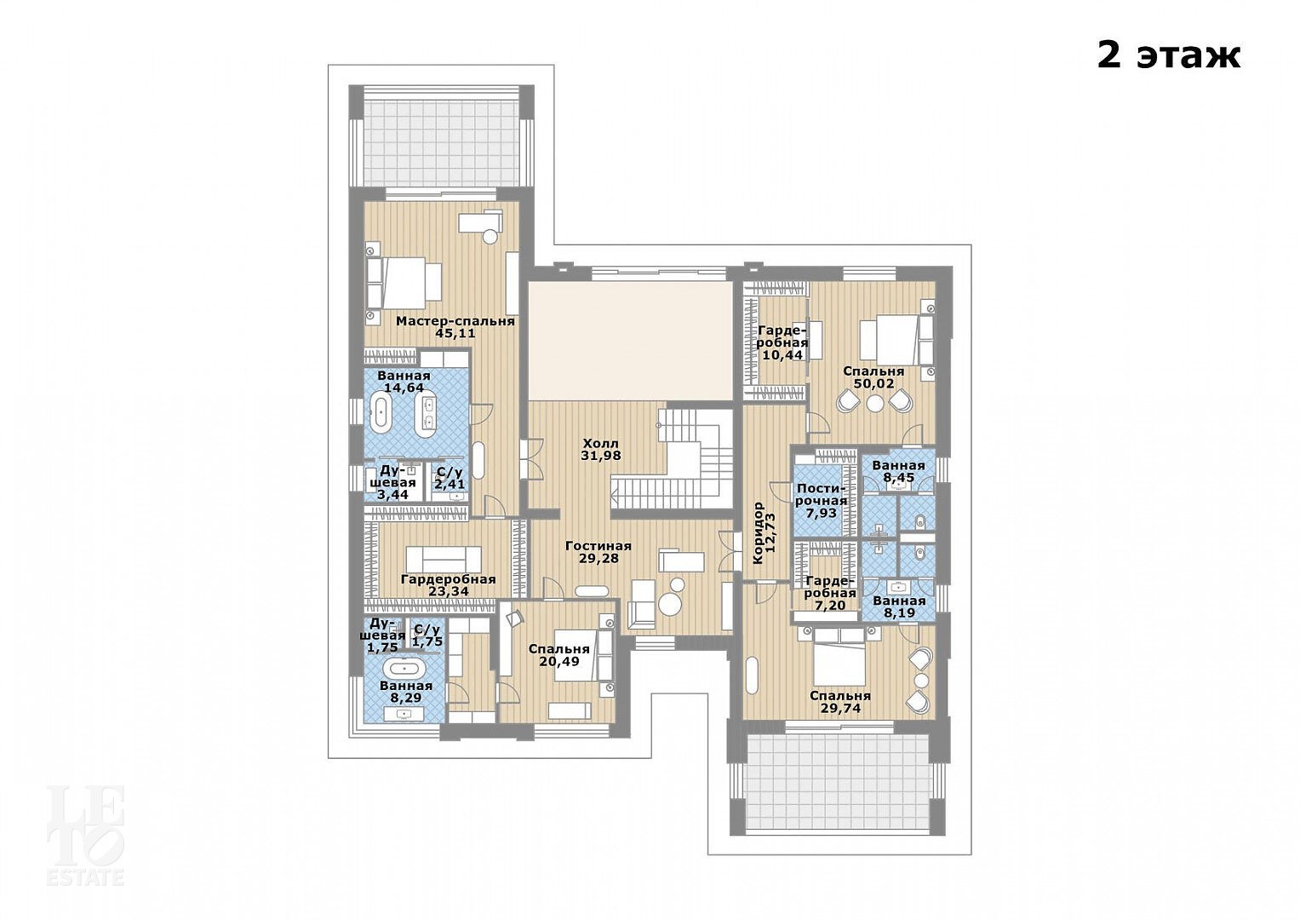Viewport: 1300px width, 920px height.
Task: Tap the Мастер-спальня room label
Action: tap(455, 321)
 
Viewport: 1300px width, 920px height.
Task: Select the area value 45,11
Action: tap(455, 333)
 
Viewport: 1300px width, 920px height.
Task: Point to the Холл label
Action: tap(601, 444)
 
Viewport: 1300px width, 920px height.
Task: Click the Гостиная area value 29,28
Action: tap(599, 559)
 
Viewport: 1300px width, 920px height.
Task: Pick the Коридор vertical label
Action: tap(757, 532)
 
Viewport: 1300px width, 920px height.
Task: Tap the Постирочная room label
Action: tap(822, 494)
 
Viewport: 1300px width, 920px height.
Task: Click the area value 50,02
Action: tap(874, 384)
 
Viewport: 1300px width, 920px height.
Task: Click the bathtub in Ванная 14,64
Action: tap(381, 413)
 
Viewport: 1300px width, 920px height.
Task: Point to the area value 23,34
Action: tap(449, 591)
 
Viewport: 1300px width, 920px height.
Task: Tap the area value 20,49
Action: tap(559, 662)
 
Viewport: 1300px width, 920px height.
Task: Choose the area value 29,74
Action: tap(840, 709)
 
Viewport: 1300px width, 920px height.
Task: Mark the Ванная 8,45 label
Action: tap(898, 472)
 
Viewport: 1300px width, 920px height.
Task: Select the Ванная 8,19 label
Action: tap(899, 607)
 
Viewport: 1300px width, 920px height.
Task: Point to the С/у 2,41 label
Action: tap(450, 477)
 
